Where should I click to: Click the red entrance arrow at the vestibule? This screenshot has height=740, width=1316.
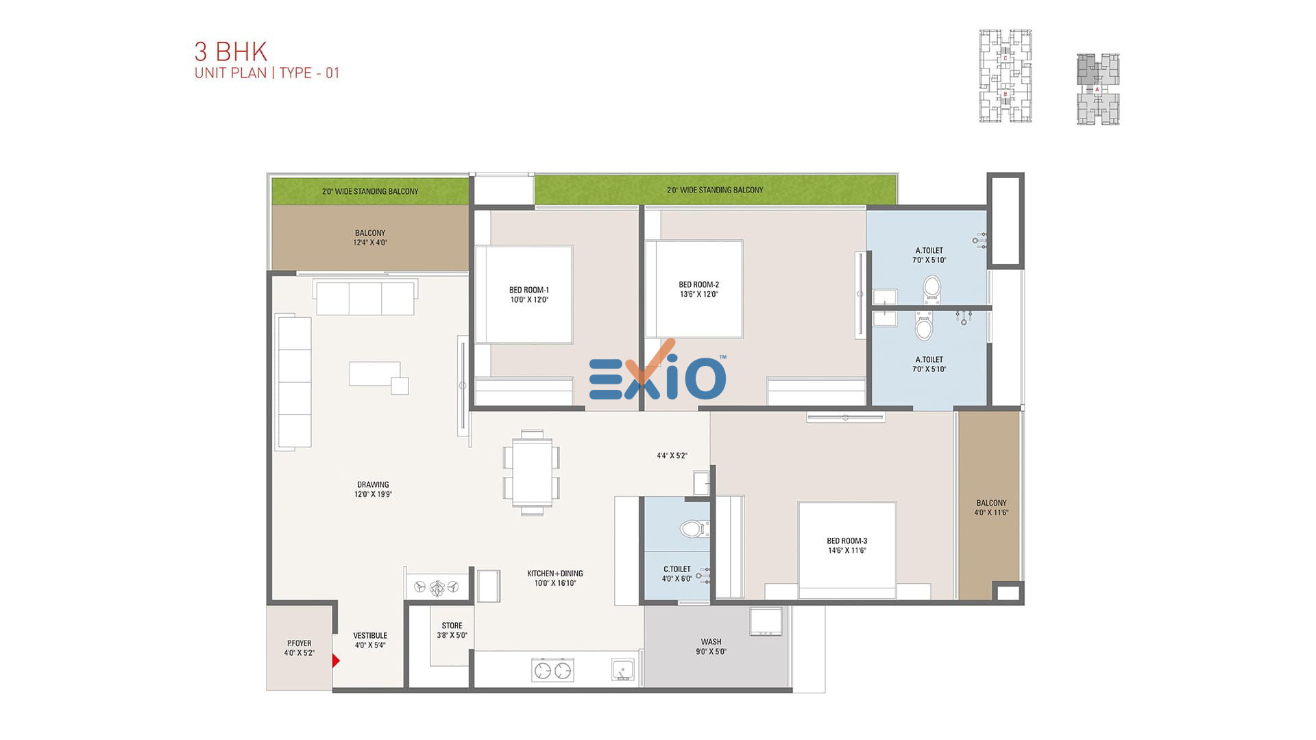(x=336, y=661)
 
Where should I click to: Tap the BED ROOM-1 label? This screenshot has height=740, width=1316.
(x=529, y=290)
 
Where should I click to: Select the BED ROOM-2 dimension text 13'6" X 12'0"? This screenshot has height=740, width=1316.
(x=699, y=295)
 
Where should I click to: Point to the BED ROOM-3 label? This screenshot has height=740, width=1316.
(x=847, y=541)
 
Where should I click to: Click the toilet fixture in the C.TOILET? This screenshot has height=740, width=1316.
(x=694, y=528)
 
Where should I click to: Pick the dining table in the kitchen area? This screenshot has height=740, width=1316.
(x=532, y=473)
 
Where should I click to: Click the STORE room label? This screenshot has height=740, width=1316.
(x=452, y=626)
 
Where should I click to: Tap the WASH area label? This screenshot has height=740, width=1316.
(x=711, y=642)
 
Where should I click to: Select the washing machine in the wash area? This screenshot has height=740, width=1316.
(x=766, y=622)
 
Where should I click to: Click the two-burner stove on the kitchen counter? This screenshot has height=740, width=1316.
(x=552, y=670)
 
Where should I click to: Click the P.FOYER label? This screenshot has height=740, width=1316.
(x=299, y=643)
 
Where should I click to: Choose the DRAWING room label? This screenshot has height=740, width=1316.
(x=373, y=484)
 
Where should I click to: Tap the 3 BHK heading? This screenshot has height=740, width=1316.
(x=231, y=51)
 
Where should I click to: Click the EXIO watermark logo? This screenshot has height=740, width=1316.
(x=657, y=373)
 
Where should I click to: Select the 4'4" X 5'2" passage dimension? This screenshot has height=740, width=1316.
(x=672, y=456)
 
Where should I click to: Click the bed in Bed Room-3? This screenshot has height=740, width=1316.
(x=847, y=550)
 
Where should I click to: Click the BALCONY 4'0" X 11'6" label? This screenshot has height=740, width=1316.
(x=991, y=508)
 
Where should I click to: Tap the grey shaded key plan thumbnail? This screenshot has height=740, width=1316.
(x=1097, y=89)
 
